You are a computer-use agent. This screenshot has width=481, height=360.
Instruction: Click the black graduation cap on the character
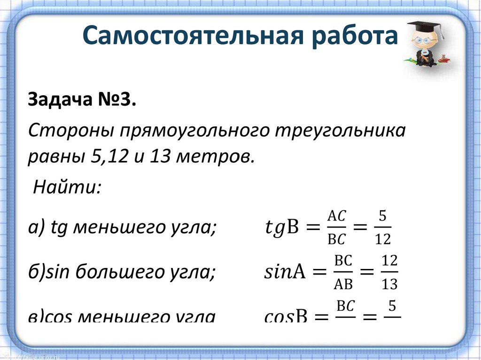pos(425,27)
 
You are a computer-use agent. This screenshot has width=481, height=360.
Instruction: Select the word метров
pos(214,157)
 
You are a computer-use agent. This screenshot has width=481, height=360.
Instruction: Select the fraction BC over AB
pos(343,273)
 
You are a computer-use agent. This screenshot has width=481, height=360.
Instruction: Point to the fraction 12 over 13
pos(389,273)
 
